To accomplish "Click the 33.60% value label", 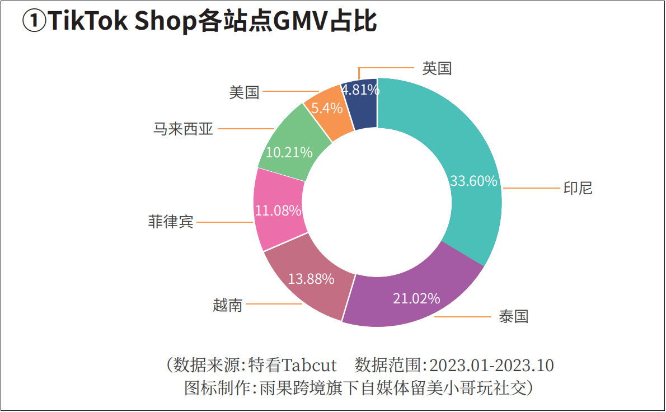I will [x=473, y=181].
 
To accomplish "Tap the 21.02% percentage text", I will [x=416, y=298].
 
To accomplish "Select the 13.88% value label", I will [x=311, y=278].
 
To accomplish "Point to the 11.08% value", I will [x=278, y=210].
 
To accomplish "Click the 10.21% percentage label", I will [x=289, y=152].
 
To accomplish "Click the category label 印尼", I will [x=578, y=188].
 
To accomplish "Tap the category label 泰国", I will [x=513, y=316].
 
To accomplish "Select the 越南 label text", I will [x=228, y=305].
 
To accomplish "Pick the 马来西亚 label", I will [x=184, y=129].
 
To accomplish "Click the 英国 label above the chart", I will [x=437, y=68].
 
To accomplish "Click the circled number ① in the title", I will [x=33, y=23].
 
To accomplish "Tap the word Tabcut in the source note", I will [x=309, y=366].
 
